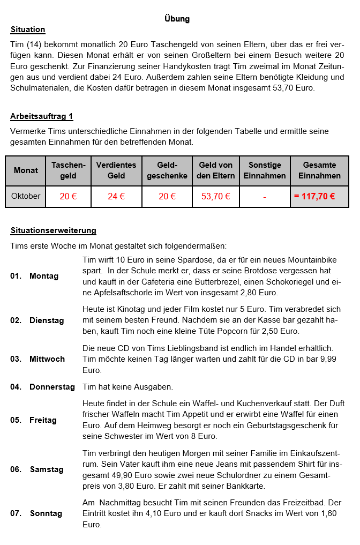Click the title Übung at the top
click(x=177, y=19)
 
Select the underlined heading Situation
click(x=28, y=29)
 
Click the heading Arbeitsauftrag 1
click(x=42, y=116)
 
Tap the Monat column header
click(x=26, y=170)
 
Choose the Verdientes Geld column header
click(x=116, y=170)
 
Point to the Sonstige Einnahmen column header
click(x=264, y=170)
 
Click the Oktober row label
click(x=26, y=196)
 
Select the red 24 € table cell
click(x=116, y=197)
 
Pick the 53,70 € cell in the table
click(x=215, y=197)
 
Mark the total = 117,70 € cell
click(x=314, y=197)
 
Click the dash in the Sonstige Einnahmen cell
click(x=265, y=197)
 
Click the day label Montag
click(x=44, y=276)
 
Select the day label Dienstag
click(x=47, y=320)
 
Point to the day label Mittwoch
click(x=47, y=359)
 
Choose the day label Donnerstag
click(x=52, y=387)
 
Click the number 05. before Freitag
click(x=16, y=420)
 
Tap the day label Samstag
click(x=47, y=469)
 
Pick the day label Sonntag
click(x=46, y=513)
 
